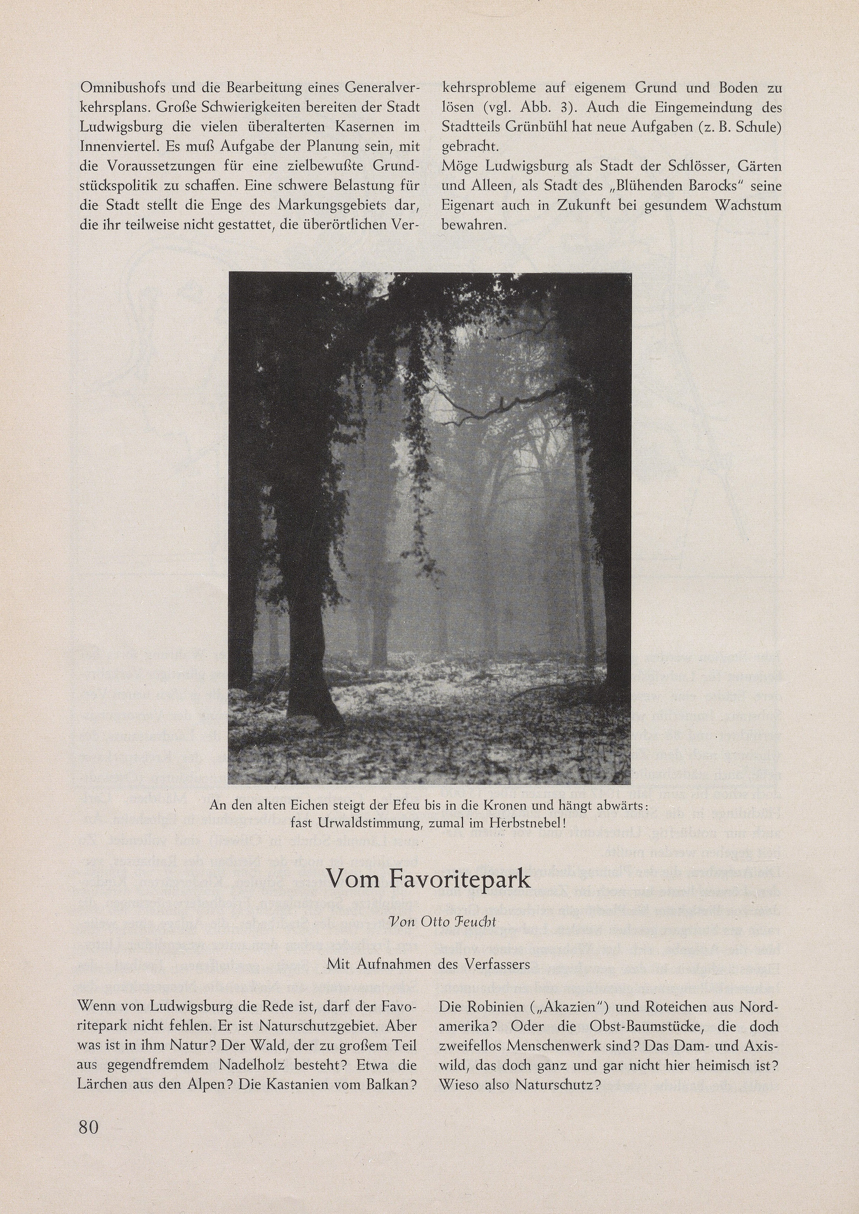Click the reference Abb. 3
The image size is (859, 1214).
coord(549,107)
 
